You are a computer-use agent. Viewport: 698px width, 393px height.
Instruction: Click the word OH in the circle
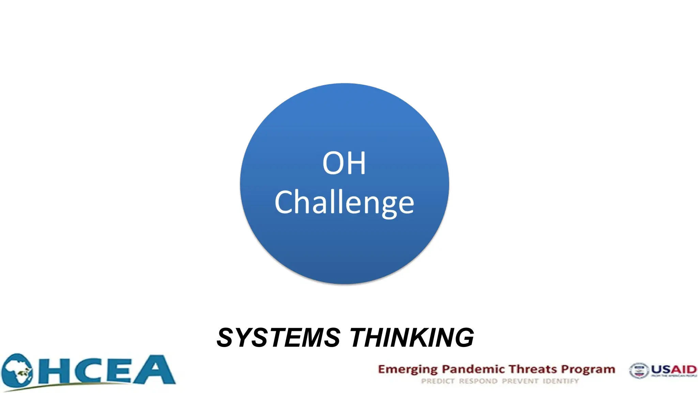tap(344, 163)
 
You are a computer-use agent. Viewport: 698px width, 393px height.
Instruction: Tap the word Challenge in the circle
tap(344, 203)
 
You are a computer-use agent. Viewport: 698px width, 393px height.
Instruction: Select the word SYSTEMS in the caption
tap(278, 338)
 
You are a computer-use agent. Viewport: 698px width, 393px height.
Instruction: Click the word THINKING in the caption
tap(412, 338)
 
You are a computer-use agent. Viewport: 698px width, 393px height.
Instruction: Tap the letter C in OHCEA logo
tap(87, 371)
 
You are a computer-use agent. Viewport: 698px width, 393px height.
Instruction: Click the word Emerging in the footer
tap(408, 370)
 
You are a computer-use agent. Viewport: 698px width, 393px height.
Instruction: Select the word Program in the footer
tap(588, 370)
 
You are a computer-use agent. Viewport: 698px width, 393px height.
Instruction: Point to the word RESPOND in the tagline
tap(478, 381)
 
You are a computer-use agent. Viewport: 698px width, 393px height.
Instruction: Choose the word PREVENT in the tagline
tap(520, 381)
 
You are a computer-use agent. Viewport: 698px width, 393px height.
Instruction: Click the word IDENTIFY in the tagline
tap(561, 381)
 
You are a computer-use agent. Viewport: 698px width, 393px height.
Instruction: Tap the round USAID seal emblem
tap(639, 371)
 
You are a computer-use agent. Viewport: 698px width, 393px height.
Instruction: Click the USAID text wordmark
tap(674, 369)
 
